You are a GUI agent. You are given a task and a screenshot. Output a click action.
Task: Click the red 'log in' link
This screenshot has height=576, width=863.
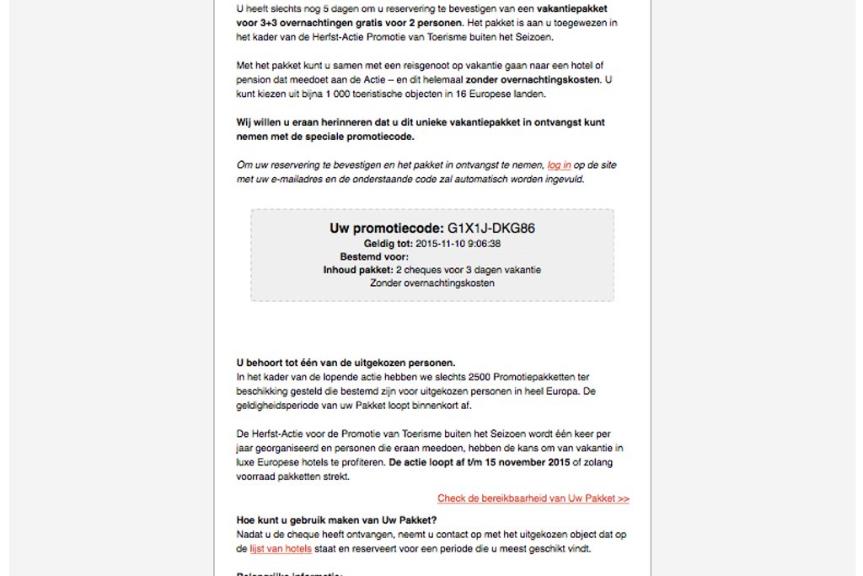(559, 165)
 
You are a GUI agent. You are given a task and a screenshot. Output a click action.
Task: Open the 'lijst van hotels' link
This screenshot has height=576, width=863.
(281, 549)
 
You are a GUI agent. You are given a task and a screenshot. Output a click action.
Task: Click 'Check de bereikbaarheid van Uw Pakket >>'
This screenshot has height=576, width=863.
(533, 498)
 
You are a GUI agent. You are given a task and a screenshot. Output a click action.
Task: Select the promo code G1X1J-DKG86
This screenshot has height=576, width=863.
(491, 228)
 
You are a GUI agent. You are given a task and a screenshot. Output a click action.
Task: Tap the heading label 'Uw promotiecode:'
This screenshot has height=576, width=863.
(386, 228)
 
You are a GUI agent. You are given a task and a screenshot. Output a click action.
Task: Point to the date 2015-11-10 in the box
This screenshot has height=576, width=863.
(442, 244)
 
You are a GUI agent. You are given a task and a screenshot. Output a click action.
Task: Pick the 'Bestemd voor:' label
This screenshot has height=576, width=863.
(374, 256)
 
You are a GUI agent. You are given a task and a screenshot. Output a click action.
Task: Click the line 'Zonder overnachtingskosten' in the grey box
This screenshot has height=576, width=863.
(432, 283)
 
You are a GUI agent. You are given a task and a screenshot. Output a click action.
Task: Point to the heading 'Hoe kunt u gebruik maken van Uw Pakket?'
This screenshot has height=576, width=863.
(336, 520)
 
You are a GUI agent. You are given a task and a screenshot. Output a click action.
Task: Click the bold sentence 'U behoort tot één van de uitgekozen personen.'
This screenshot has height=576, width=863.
(346, 363)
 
